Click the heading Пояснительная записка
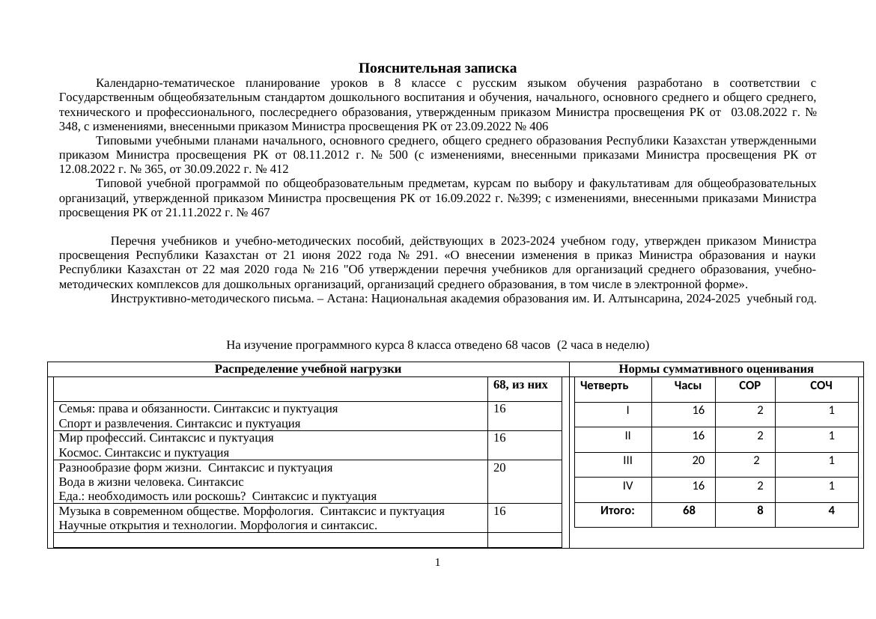pos(437,68)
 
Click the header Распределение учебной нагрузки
pos(308,369)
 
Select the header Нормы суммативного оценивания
pos(716,369)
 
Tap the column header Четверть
pos(604,385)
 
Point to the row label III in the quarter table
pos(627,461)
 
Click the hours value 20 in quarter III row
pos(698,461)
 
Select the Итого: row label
pos(617,510)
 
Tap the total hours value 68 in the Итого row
pos(689,510)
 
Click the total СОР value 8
pos(760,510)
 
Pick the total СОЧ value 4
pos(831,510)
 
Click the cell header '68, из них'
pos(520,385)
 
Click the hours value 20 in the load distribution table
pos(500,468)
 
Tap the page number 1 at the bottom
pos(437,562)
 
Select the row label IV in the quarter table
pos(627,486)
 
